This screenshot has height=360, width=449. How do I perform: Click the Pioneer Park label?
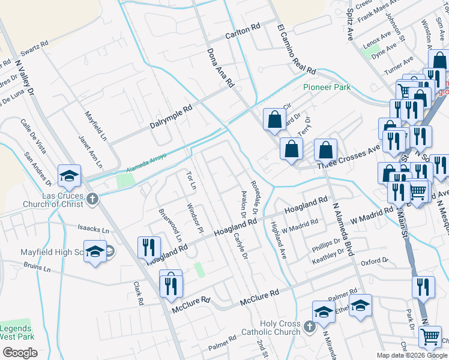pyautogui.click(x=327, y=87)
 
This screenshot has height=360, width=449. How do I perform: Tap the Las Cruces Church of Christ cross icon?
pyautogui.click(x=92, y=199)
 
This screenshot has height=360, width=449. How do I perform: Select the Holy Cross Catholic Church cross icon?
pyautogui.click(x=309, y=326)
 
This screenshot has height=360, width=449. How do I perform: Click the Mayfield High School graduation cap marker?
pyautogui.click(x=95, y=251)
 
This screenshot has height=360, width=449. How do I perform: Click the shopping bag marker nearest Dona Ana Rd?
pyautogui.click(x=274, y=118)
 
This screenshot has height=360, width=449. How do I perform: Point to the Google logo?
pyautogui.click(x=20, y=353)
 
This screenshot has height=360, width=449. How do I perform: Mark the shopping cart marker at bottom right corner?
pyautogui.click(x=430, y=338)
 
